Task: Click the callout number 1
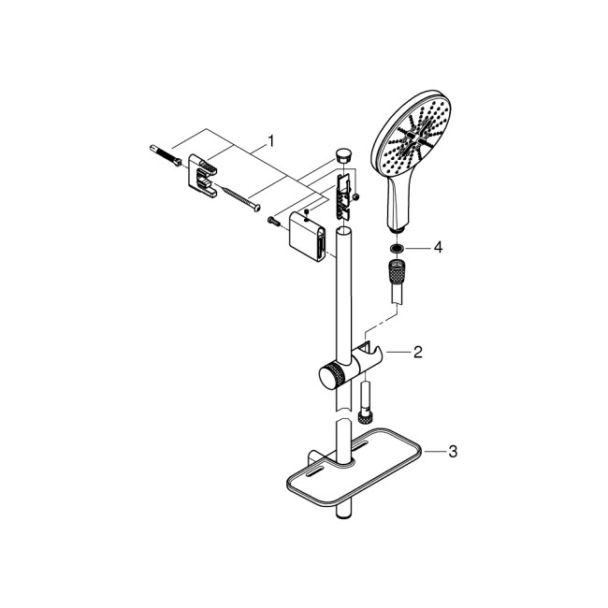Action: pos(270,140)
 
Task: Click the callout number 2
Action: pos(418,353)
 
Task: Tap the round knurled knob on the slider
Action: pos(330,377)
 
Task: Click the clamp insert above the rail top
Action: pos(344,186)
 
